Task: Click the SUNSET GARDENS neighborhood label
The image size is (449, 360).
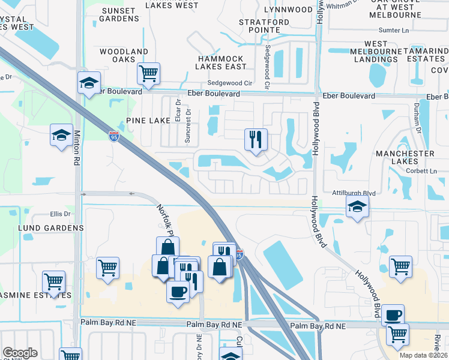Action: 119,14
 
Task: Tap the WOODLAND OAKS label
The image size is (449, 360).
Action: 124,56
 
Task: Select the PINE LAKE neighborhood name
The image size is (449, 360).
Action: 148,121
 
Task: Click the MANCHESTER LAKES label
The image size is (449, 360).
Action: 405,157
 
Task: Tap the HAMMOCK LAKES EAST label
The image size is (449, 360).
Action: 221,62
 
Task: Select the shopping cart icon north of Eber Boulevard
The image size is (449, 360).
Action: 148,74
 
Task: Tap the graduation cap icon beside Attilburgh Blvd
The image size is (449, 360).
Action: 358,207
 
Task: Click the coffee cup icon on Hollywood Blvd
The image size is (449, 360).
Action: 393,315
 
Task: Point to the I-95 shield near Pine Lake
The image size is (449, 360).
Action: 114,137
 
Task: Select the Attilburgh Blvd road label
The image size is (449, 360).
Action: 353,193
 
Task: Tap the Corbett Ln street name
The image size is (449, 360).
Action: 421,171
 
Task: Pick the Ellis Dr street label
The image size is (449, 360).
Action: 61,214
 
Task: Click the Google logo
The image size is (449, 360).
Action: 20,353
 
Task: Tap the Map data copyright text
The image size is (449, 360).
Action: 423,355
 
